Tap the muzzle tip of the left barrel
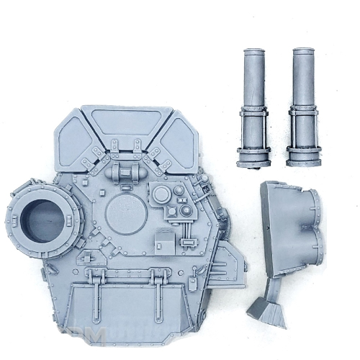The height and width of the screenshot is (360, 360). [x=253, y=53]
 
